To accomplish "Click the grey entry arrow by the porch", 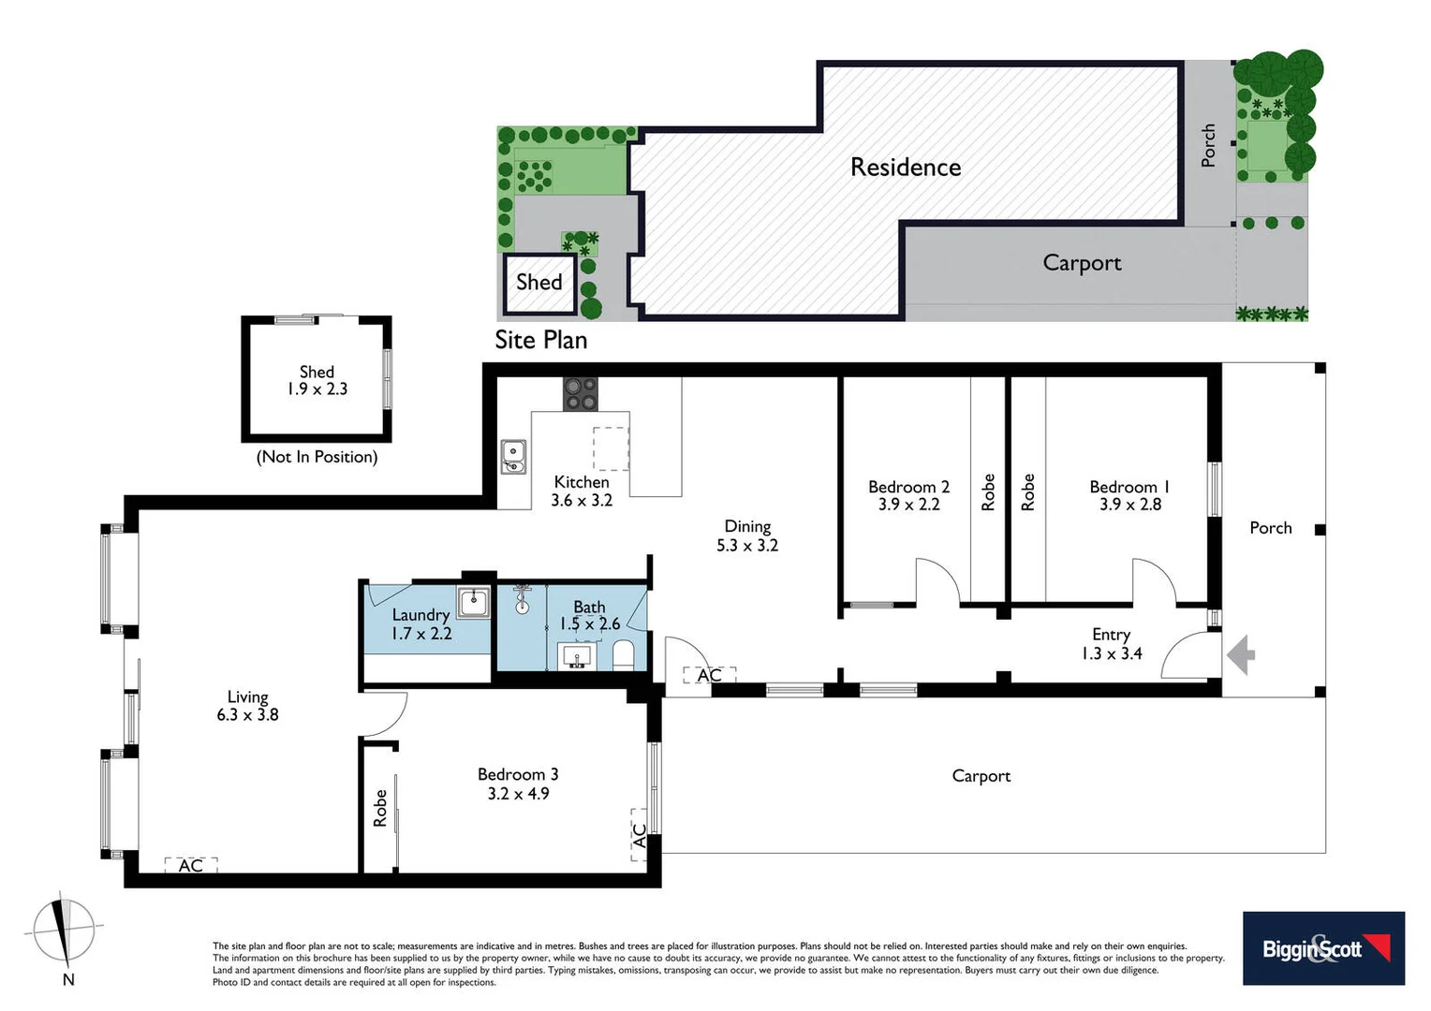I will tap(1242, 654).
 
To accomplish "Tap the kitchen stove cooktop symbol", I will tap(580, 393).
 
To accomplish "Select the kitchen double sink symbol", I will tap(513, 457).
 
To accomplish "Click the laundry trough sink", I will tap(473, 602).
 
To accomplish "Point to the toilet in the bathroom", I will tap(624, 654).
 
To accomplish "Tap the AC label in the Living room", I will tap(191, 865).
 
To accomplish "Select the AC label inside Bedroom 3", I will tap(640, 835).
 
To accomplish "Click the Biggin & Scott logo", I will tap(1323, 948).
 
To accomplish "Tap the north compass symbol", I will tap(64, 932).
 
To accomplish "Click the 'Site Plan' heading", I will tap(541, 340).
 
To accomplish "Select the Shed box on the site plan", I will tap(539, 282).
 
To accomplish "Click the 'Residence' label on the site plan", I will tap(906, 167).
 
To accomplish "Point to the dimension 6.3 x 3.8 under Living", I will tap(247, 715).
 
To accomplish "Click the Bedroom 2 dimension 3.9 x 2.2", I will tap(908, 505).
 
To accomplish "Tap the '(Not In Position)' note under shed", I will tap(317, 457).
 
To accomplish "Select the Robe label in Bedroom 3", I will tap(380, 808).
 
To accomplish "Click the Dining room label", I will tap(747, 526).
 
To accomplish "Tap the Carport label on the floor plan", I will tap(981, 776).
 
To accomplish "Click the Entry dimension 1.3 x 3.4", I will tap(1112, 653).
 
